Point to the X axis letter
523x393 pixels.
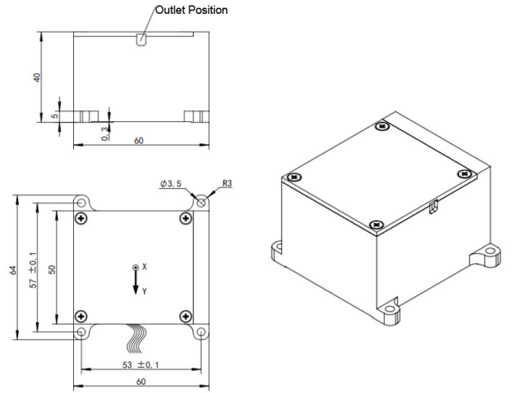pyautogui.click(x=145, y=266)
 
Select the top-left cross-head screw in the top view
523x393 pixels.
pyautogui.click(x=81, y=219)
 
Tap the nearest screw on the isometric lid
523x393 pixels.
pyautogui.click(x=373, y=224)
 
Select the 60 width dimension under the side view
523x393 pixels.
pyautogui.click(x=139, y=141)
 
